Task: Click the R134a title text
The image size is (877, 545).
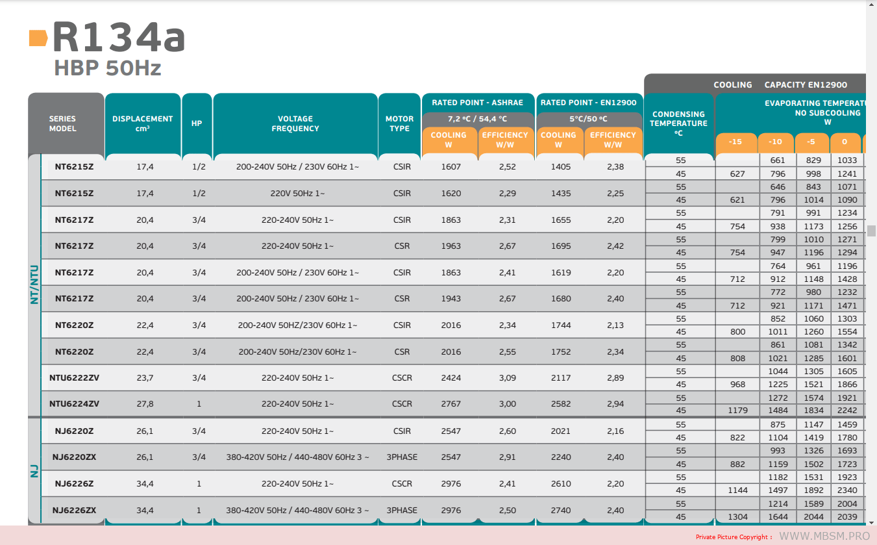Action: (x=119, y=38)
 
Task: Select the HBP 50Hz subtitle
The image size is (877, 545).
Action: (x=108, y=68)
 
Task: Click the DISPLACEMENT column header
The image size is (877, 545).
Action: (x=142, y=123)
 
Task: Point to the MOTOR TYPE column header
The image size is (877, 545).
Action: (x=399, y=123)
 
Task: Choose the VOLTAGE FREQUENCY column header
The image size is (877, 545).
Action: (x=295, y=123)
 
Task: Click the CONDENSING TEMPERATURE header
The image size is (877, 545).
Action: (x=678, y=123)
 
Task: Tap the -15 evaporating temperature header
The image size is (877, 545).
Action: (x=736, y=142)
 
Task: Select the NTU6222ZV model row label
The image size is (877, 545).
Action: (x=74, y=377)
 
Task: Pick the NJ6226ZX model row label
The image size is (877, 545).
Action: (x=74, y=510)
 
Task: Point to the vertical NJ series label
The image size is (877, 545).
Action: (x=34, y=470)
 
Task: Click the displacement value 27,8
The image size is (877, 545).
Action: (x=145, y=403)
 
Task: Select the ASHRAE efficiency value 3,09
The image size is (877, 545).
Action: (x=507, y=377)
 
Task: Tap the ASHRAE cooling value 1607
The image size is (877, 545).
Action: (x=451, y=167)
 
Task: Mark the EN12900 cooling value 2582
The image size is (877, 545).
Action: (x=560, y=403)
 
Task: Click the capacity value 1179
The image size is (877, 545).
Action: (x=737, y=410)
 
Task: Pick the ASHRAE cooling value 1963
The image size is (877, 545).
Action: (x=451, y=246)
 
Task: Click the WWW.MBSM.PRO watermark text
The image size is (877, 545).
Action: (x=824, y=536)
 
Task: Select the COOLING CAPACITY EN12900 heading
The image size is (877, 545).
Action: (x=780, y=84)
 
